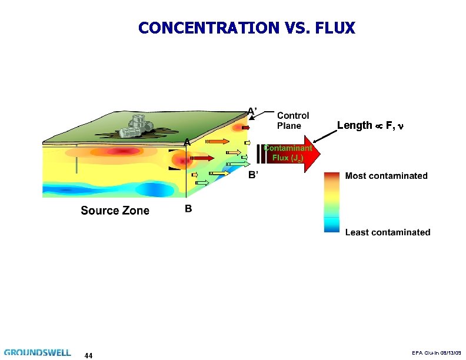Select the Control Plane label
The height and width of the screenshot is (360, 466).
(292, 121)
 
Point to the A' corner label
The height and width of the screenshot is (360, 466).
(251, 111)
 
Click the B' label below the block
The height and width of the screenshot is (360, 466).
(253, 175)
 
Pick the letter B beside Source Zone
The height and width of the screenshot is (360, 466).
(188, 208)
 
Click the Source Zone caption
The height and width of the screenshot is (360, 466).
(115, 211)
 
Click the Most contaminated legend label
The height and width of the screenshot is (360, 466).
(386, 176)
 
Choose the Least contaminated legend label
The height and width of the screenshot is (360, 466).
(387, 232)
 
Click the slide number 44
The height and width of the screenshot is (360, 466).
(88, 355)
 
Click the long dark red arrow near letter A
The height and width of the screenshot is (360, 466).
(202, 158)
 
